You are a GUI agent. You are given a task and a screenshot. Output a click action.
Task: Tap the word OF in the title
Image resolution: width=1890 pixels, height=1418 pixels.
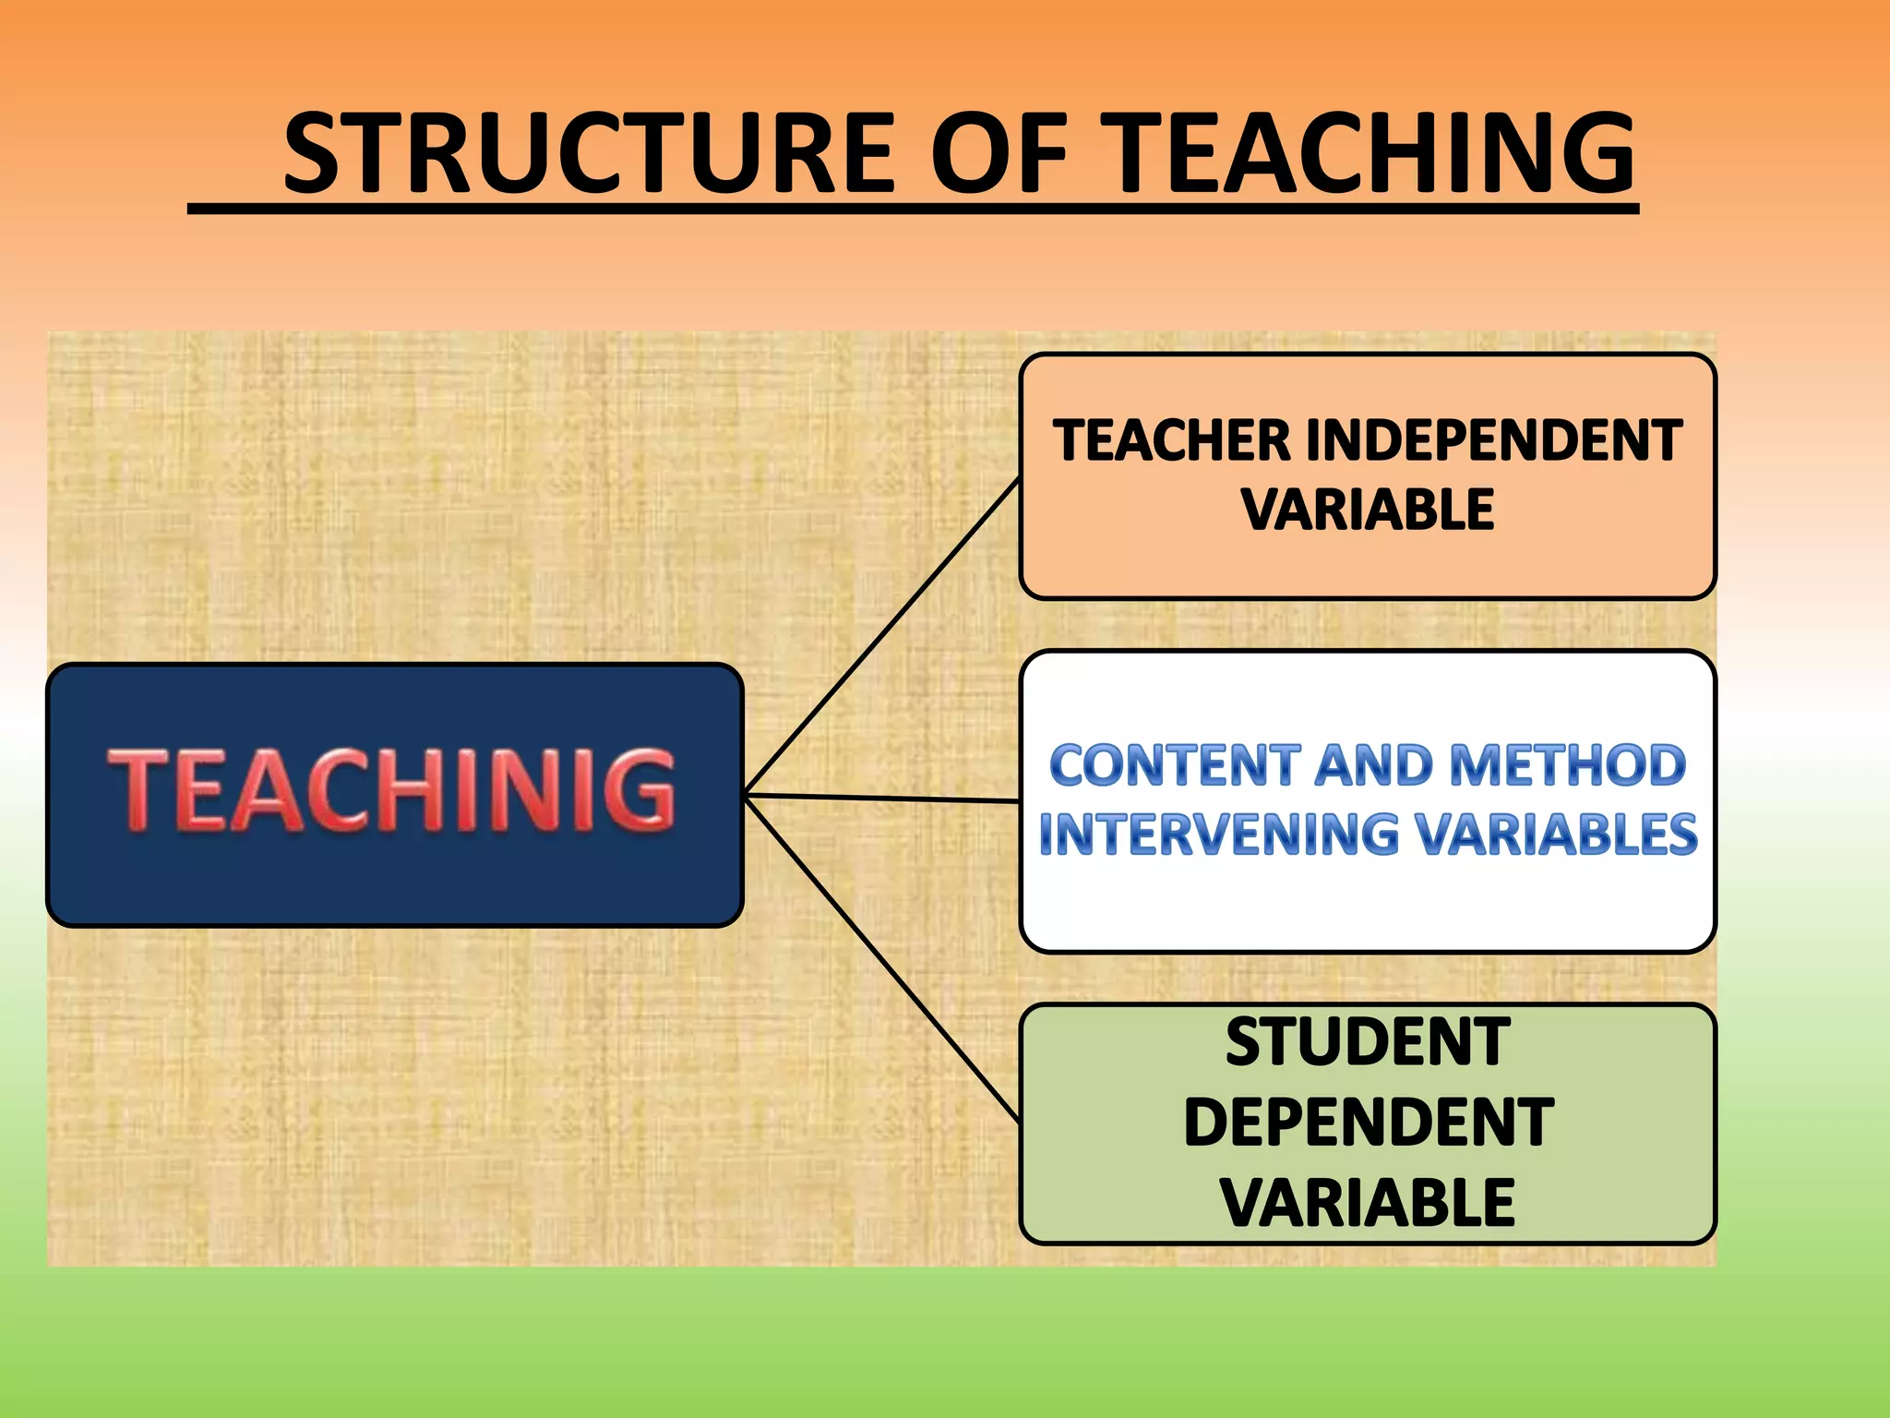998,153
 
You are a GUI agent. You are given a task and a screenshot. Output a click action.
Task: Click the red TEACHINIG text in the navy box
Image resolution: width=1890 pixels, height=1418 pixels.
392,790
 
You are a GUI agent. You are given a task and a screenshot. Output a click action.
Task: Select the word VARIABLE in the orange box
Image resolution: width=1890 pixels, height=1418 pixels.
1368,510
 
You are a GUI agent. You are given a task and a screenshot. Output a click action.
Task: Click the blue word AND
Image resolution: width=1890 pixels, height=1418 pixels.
1374,765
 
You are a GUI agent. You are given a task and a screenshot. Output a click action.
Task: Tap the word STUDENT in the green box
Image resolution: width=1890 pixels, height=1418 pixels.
1368,1042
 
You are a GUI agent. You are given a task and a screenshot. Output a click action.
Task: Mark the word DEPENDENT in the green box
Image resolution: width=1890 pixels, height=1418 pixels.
1368,1123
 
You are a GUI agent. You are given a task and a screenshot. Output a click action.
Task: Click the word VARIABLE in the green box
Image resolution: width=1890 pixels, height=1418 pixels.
1368,1202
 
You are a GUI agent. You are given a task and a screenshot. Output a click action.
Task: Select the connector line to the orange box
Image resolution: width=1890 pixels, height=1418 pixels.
881,637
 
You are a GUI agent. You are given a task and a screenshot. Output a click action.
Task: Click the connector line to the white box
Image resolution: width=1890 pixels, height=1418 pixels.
881,798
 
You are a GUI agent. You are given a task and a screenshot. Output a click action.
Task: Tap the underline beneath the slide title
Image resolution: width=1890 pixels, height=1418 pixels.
913,210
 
